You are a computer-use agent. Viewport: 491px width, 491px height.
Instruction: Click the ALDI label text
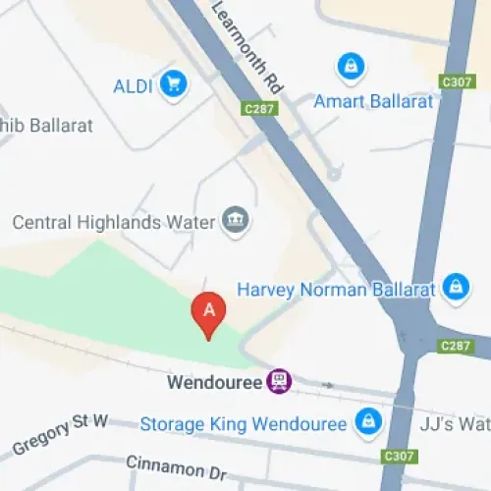[134, 85]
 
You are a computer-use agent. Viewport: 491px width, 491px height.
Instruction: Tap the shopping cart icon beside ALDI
[175, 84]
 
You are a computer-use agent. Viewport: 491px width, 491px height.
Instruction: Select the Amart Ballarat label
[372, 101]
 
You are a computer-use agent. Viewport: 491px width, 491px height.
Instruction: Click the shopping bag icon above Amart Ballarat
[350, 67]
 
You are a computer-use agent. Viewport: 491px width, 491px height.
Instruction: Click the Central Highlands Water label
[113, 222]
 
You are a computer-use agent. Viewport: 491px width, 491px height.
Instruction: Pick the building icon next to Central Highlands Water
[236, 219]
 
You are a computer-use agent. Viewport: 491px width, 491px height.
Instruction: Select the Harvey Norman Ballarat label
[335, 290]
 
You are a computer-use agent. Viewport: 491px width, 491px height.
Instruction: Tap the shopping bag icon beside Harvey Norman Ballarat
[455, 287]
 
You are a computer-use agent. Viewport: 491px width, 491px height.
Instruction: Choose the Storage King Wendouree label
[244, 424]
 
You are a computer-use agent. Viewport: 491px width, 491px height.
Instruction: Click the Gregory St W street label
[59, 435]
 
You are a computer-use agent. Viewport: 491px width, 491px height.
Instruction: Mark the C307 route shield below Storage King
[399, 457]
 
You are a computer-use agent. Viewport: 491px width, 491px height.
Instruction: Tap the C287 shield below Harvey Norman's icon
[457, 346]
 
